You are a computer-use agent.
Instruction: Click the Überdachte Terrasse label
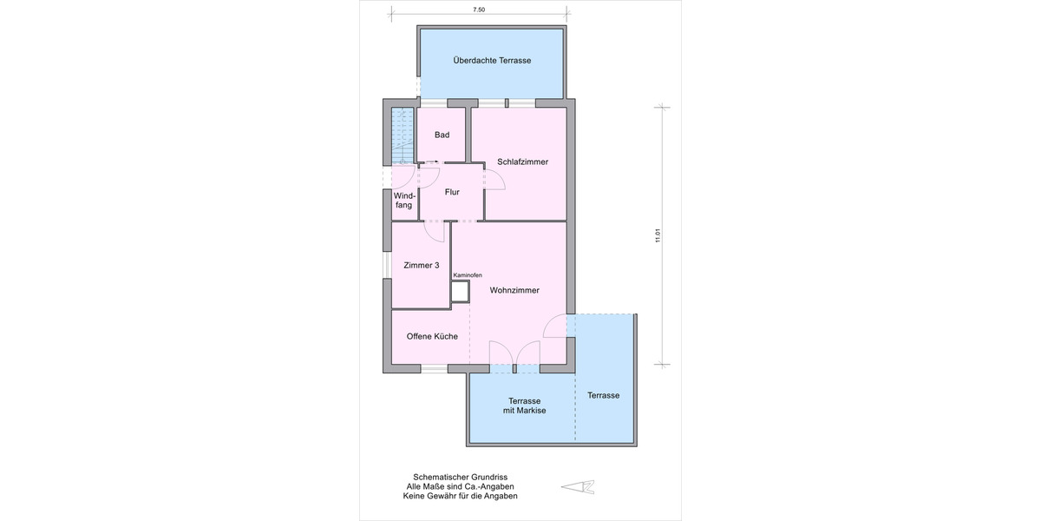[492, 61]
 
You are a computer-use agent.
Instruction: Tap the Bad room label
[442, 135]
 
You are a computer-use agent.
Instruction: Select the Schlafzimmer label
[522, 162]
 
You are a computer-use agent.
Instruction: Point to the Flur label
[452, 192]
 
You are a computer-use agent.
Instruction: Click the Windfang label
[403, 200]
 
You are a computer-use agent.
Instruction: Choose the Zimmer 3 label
[421, 266]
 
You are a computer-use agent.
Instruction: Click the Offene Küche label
[426, 336]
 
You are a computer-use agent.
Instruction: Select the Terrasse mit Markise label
[525, 405]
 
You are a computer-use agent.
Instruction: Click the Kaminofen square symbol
[460, 293]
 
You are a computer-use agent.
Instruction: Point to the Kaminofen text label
[467, 275]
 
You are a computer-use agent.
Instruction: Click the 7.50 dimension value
[479, 10]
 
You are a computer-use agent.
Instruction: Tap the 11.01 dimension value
[658, 235]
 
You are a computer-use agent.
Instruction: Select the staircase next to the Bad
[402, 136]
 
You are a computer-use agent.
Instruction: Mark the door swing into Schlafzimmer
[495, 180]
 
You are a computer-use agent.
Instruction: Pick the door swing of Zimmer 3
[435, 232]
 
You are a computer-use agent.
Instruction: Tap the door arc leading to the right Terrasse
[555, 326]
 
